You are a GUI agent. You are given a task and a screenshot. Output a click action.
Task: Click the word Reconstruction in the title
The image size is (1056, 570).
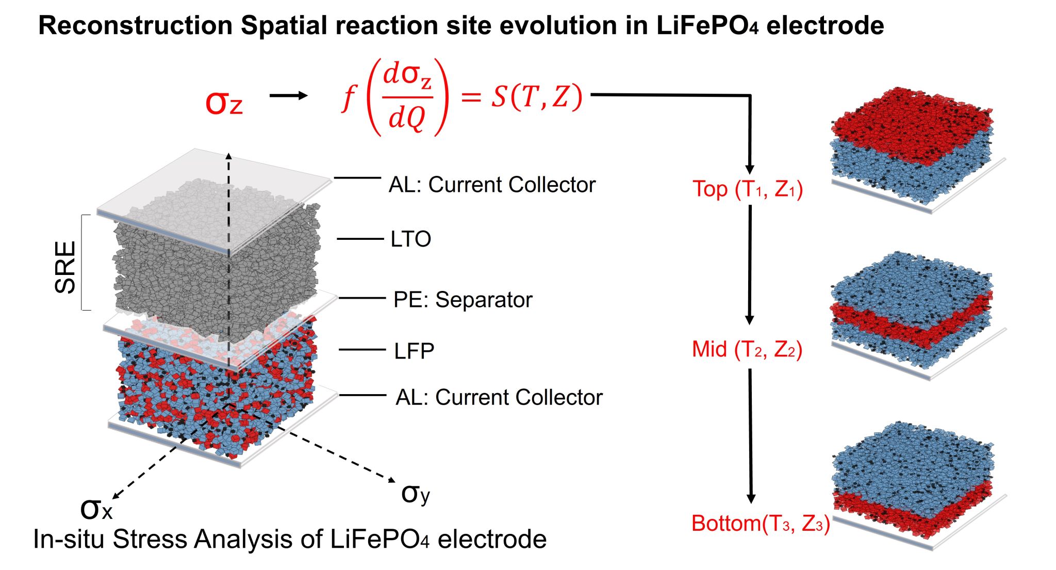pos(136,25)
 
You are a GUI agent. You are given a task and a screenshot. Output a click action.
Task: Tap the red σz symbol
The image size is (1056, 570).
pos(224,102)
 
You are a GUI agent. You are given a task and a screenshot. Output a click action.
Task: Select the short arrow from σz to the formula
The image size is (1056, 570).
pos(289,95)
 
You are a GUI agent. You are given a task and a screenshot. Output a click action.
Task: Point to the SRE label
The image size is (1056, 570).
pos(65,267)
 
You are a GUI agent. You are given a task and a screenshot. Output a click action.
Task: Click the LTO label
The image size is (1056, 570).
pos(410,239)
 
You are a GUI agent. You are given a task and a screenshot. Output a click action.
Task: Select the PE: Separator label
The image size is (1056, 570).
pos(463,299)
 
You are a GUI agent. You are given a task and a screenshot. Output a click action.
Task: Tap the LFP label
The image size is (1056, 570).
pos(414,351)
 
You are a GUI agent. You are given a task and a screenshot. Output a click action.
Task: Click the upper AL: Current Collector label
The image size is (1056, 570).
pos(492,184)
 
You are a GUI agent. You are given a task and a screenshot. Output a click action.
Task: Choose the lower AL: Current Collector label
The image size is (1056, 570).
pos(499,397)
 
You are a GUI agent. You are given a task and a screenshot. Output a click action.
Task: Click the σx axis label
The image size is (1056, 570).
pos(96,509)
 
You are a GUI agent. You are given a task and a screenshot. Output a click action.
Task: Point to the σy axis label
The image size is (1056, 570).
pos(416,493)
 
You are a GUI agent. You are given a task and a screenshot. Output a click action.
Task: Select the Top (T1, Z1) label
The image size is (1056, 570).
pos(748,189)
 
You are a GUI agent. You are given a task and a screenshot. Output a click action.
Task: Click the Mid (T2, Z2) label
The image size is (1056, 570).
pos(747,349)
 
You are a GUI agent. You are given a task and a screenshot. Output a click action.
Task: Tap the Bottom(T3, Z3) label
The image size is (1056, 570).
pos(761,524)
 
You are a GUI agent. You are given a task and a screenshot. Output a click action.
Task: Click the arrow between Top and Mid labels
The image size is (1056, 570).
pos(750,265)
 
